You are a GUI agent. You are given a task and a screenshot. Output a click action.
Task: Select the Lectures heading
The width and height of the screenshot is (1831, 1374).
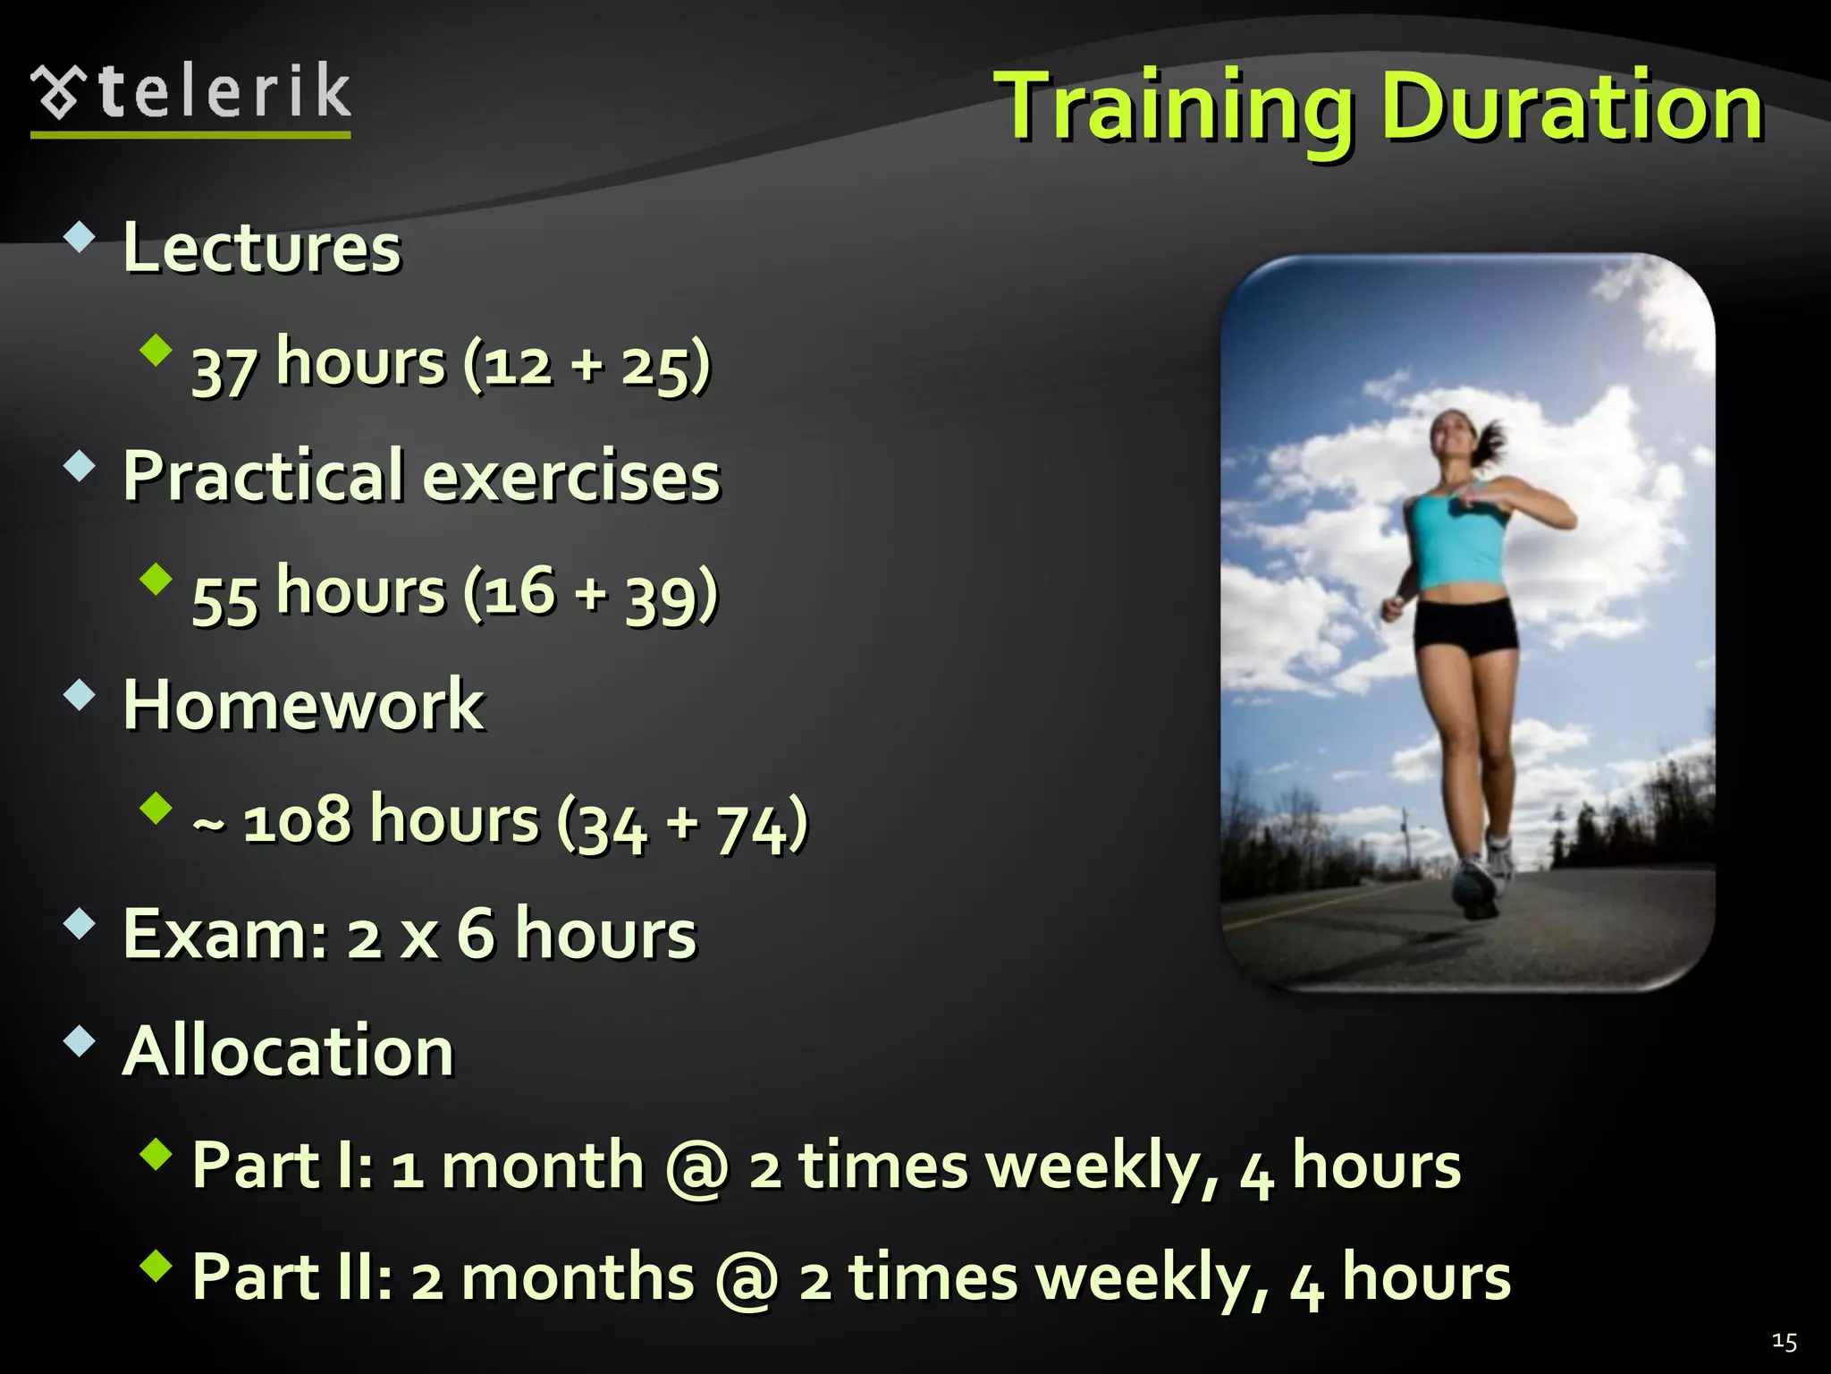[262, 248]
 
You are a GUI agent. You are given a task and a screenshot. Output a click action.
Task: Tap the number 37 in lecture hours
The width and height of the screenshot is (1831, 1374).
[224, 366]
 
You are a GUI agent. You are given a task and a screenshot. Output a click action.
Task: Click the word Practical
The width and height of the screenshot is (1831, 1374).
[264, 476]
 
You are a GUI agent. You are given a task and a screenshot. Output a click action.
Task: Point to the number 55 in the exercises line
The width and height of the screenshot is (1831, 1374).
[224, 596]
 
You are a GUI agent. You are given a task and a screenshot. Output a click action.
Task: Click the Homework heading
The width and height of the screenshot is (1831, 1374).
[303, 705]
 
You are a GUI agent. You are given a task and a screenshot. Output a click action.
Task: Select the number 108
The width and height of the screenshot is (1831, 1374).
[297, 820]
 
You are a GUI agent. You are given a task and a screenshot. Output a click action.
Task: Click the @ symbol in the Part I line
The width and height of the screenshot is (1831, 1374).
[697, 1167]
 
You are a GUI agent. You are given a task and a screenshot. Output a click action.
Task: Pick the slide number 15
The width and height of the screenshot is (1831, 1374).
[1784, 1342]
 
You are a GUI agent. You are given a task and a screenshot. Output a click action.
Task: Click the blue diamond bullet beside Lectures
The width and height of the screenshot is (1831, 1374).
[80, 237]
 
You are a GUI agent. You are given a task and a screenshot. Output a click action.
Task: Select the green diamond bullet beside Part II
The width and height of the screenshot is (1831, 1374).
[156, 1266]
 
